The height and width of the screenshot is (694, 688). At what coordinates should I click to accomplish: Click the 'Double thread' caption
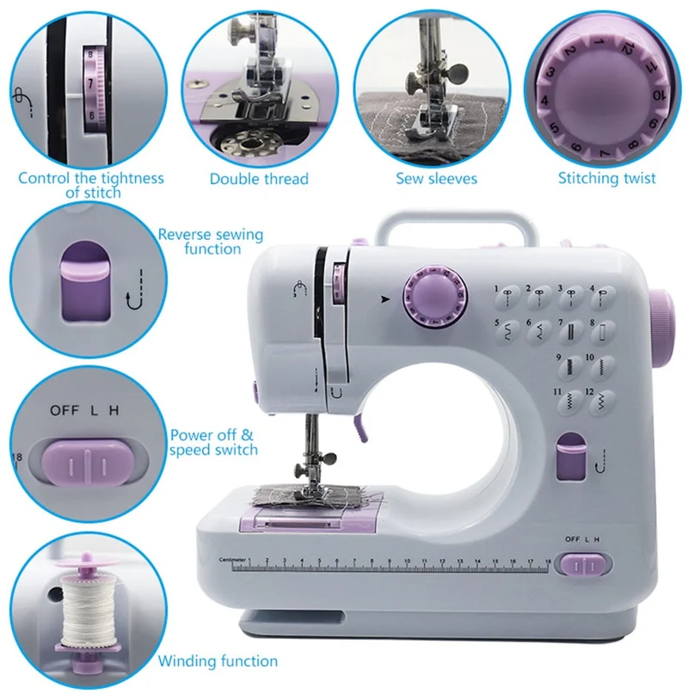[259, 179]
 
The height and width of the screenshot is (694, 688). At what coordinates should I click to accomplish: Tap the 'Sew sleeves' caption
[437, 178]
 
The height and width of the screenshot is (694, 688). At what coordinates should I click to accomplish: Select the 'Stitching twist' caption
[606, 178]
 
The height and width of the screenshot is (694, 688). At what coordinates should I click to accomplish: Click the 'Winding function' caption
[218, 660]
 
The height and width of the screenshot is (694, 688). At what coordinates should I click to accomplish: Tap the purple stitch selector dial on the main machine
[435, 298]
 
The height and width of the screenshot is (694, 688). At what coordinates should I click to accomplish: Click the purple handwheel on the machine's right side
[663, 328]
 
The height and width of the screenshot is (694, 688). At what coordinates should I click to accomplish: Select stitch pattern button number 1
[507, 298]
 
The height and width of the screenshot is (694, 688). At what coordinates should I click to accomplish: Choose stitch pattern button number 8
[603, 332]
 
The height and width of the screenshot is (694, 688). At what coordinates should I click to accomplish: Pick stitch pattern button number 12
[601, 401]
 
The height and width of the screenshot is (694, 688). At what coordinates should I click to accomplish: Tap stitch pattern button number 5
[507, 332]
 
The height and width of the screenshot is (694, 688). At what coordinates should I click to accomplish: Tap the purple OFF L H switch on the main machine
[585, 565]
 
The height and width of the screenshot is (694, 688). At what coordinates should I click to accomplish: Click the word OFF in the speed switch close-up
[64, 410]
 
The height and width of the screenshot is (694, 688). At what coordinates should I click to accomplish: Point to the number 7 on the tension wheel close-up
[90, 83]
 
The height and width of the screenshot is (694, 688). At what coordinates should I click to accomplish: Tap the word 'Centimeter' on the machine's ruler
[232, 560]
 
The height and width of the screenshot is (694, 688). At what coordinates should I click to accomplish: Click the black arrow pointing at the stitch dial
[385, 299]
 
